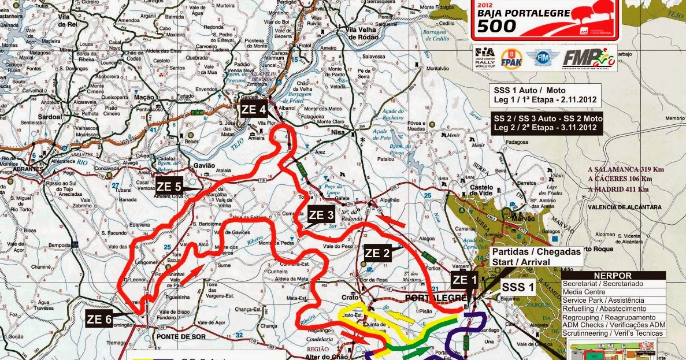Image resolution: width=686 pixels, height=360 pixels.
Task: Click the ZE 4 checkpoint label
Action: click(254, 109)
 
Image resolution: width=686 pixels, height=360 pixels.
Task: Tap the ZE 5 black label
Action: click(169, 186)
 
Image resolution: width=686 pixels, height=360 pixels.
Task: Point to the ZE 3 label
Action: click(321, 214)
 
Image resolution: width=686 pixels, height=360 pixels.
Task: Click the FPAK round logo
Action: click(511, 59)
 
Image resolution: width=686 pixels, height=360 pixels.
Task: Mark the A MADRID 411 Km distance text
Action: click(618, 189)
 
